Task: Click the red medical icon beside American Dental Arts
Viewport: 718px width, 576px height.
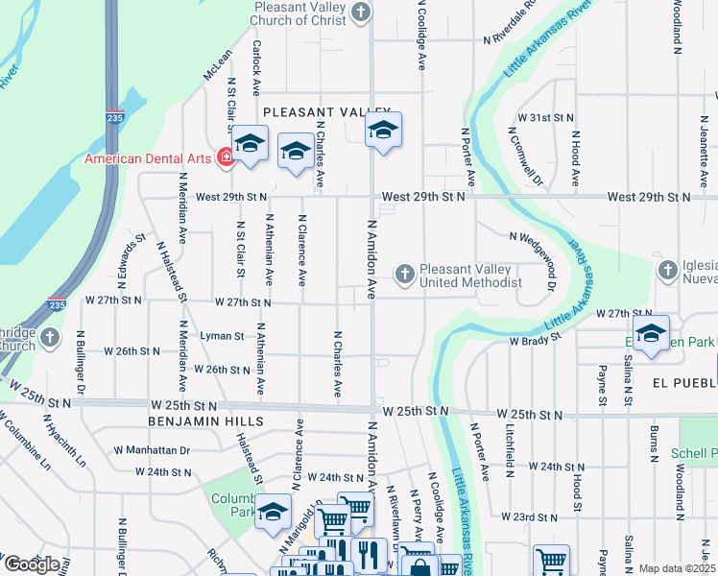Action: tap(226, 157)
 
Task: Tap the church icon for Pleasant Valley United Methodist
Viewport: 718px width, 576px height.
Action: tap(405, 276)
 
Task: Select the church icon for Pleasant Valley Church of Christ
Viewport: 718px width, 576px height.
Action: tap(361, 12)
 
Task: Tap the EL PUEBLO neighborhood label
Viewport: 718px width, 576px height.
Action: tap(683, 382)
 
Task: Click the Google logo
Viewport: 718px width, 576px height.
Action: tap(31, 564)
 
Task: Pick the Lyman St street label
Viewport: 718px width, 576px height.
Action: tap(222, 336)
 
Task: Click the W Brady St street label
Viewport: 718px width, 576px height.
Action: tap(534, 342)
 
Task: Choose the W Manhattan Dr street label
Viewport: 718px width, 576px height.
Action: tap(153, 449)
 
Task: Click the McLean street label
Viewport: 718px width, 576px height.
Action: tap(217, 66)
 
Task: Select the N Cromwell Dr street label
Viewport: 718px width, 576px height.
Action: tap(534, 158)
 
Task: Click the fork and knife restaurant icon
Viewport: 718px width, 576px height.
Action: tap(368, 553)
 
